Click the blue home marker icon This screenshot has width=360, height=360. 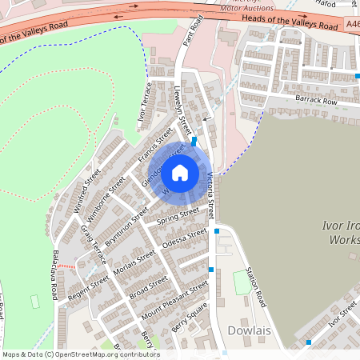[x=180, y=172]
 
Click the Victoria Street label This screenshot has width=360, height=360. [x=211, y=195]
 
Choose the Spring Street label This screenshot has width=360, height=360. [x=178, y=216]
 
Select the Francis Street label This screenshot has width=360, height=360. [x=155, y=146]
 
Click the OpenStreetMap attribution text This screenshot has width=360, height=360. [x=80, y=354]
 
